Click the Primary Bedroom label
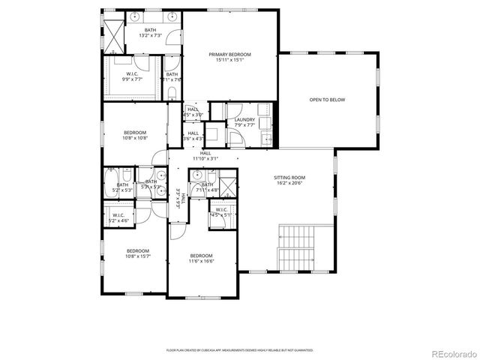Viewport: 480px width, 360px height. pyautogui.click(x=229, y=55)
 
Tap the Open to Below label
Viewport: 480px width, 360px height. pyautogui.click(x=328, y=100)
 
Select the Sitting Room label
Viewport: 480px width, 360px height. pyautogui.click(x=289, y=178)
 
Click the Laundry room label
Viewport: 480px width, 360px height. pyautogui.click(x=244, y=119)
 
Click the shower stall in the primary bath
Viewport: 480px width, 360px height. pyautogui.click(x=113, y=33)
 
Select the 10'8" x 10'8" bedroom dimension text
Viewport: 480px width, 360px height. pyautogui.click(x=136, y=138)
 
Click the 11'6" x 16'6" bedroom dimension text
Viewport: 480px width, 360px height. pyautogui.click(x=201, y=262)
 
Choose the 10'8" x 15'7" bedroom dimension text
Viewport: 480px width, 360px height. pyautogui.click(x=137, y=256)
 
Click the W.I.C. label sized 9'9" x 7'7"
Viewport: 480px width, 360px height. pyautogui.click(x=131, y=79)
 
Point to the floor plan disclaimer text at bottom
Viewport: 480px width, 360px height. pyautogui.click(x=240, y=350)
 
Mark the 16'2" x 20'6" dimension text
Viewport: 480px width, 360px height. pyautogui.click(x=289, y=183)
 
